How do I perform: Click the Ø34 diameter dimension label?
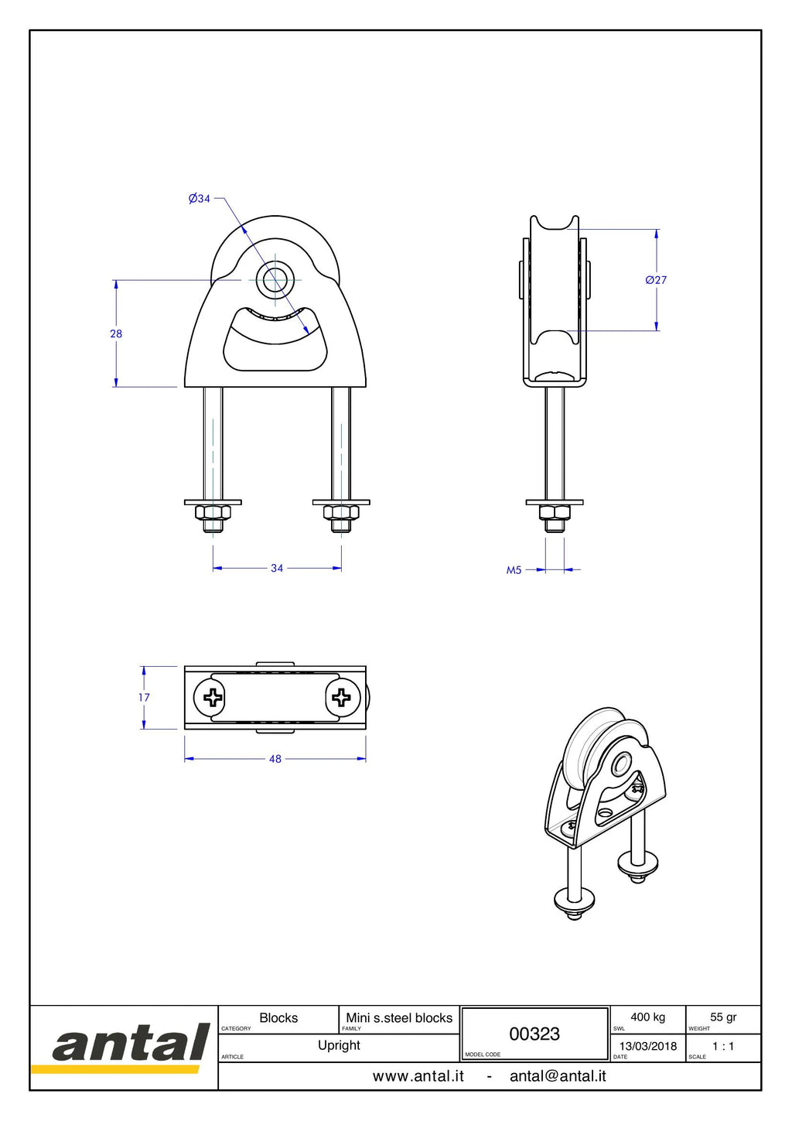coord(199,199)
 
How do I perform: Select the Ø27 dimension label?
coord(656,280)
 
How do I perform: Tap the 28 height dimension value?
coord(116,333)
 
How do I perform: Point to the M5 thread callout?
coord(514,570)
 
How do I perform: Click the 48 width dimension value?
coord(275,759)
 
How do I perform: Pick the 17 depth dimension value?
coord(144,697)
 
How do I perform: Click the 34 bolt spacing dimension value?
coord(277,568)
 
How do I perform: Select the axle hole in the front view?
coord(275,280)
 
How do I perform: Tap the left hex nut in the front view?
coord(213,512)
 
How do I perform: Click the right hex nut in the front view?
coord(341,512)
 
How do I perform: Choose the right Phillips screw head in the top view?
coord(343,697)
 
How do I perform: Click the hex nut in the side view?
coord(555,512)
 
